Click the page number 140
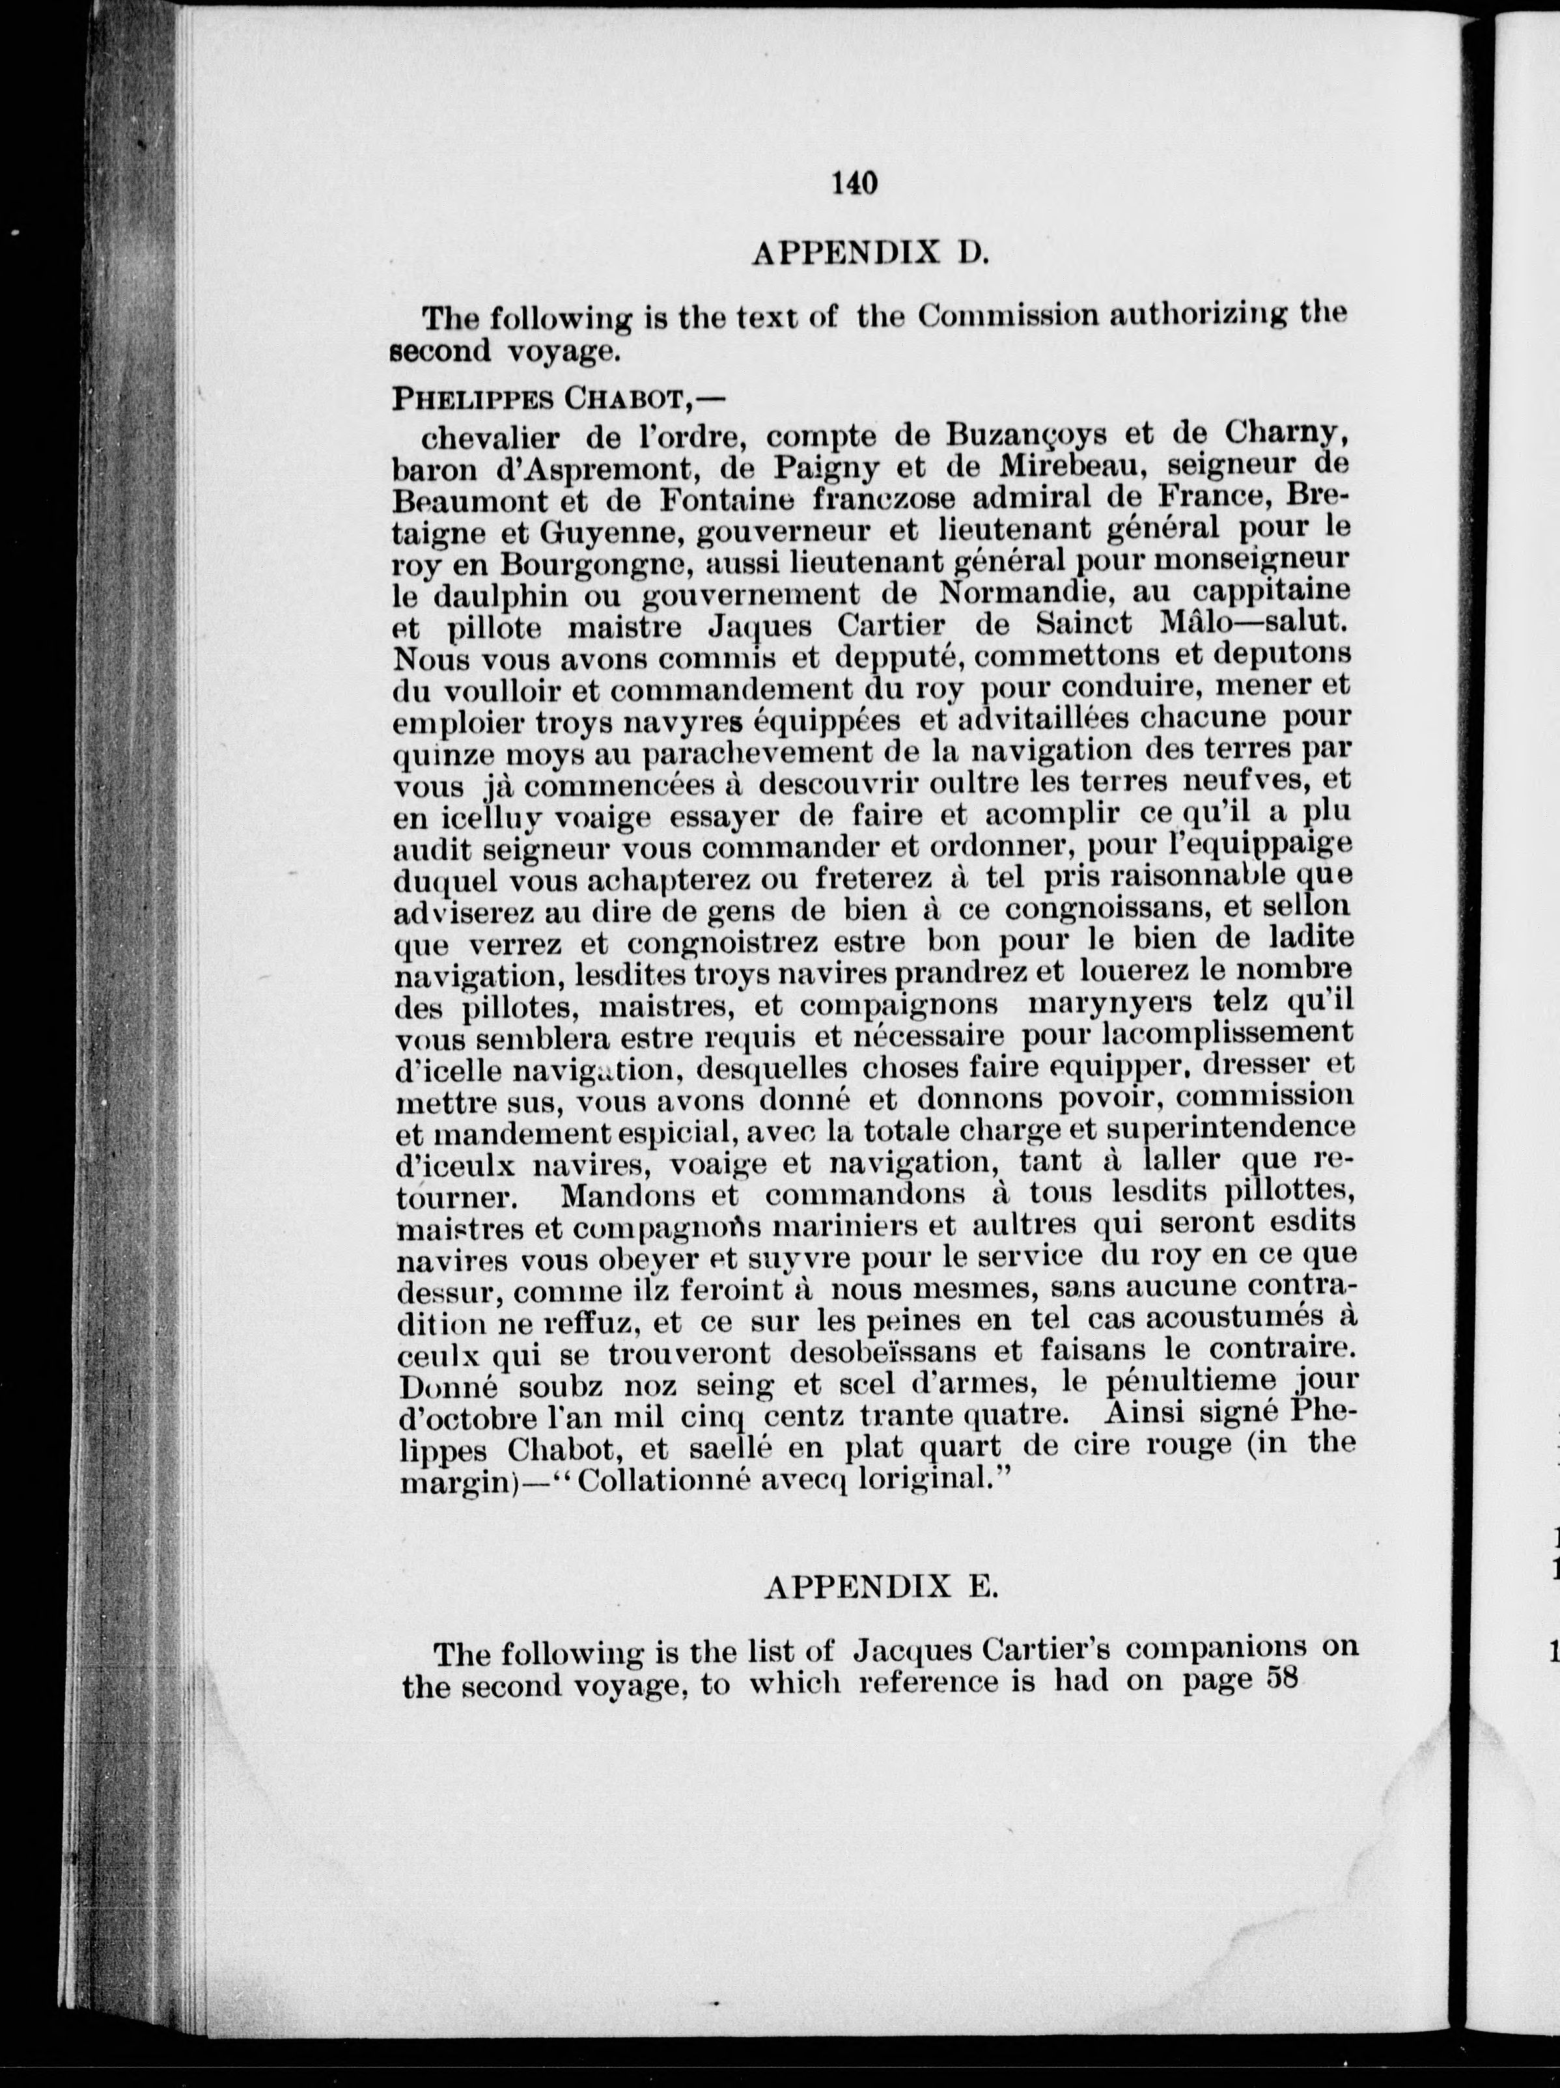(856, 182)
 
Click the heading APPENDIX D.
(868, 253)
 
